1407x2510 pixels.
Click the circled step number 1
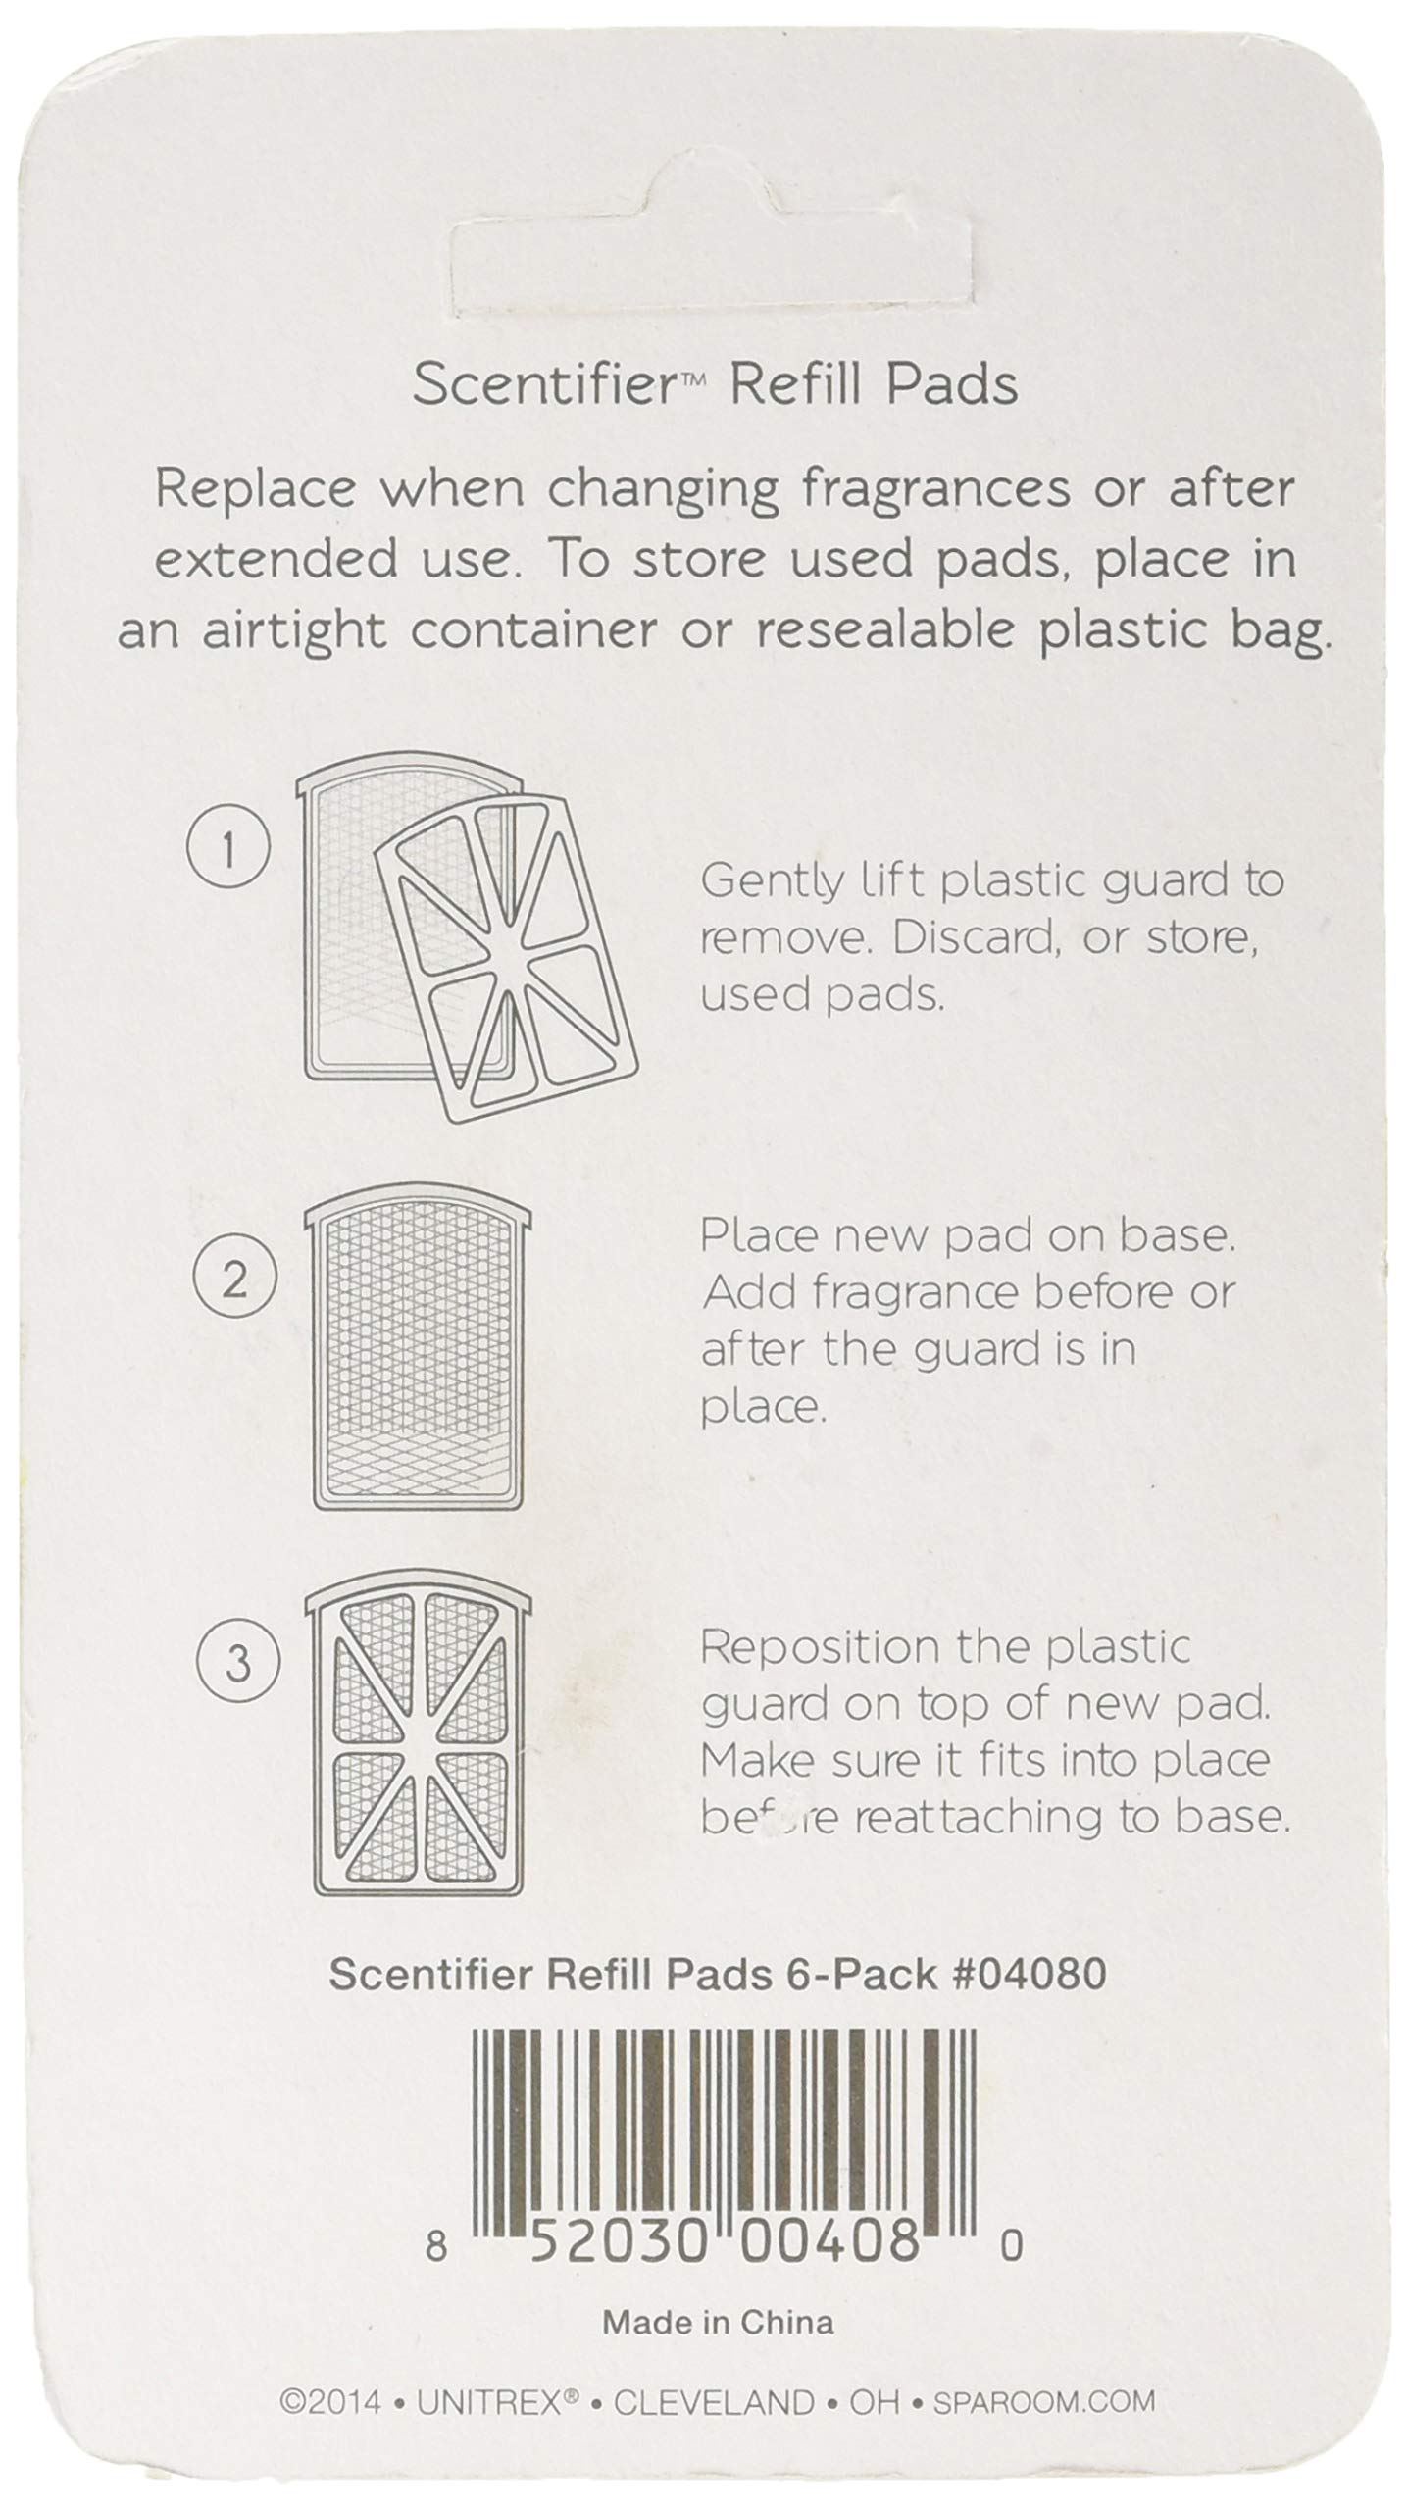pyautogui.click(x=226, y=850)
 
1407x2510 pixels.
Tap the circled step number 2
pyautogui.click(x=233, y=1279)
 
